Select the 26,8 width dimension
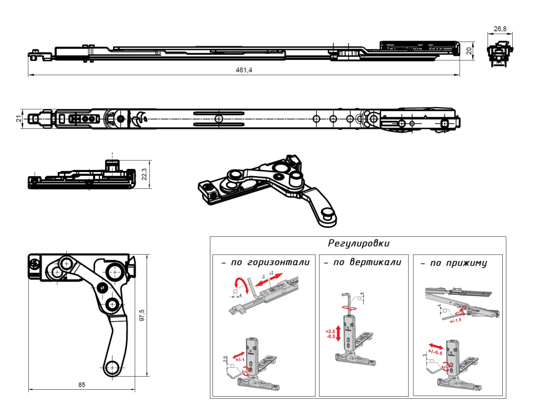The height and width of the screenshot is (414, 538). [500, 28]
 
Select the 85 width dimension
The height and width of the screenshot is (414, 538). [82, 385]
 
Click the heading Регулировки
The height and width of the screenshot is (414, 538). [359, 244]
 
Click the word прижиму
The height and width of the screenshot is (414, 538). [465, 262]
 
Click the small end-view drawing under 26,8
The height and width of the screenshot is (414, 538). [500, 54]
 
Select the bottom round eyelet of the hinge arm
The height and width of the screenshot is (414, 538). [112, 367]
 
